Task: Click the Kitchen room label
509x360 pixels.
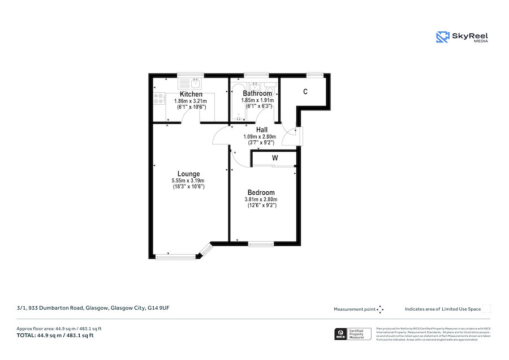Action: (x=191, y=94)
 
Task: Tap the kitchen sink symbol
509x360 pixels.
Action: (x=193, y=82)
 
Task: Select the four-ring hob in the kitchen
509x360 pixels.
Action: (x=158, y=100)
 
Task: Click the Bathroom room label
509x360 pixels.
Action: (x=257, y=93)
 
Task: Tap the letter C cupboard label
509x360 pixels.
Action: (x=305, y=92)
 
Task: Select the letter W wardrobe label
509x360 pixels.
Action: (x=275, y=158)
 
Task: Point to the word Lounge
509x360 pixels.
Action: (x=188, y=174)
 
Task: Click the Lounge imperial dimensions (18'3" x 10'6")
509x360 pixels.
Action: (x=188, y=187)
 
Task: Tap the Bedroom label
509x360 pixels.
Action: (x=261, y=192)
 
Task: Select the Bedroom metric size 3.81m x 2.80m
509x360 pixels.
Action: (x=261, y=199)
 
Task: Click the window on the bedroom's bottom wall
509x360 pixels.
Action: (x=261, y=244)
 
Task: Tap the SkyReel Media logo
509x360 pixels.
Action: (x=462, y=37)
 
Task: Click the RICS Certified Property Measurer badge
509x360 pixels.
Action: (x=353, y=334)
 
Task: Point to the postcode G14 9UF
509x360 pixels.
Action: (x=158, y=308)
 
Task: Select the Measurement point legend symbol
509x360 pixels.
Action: (x=381, y=309)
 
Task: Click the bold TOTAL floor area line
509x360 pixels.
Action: (x=55, y=336)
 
